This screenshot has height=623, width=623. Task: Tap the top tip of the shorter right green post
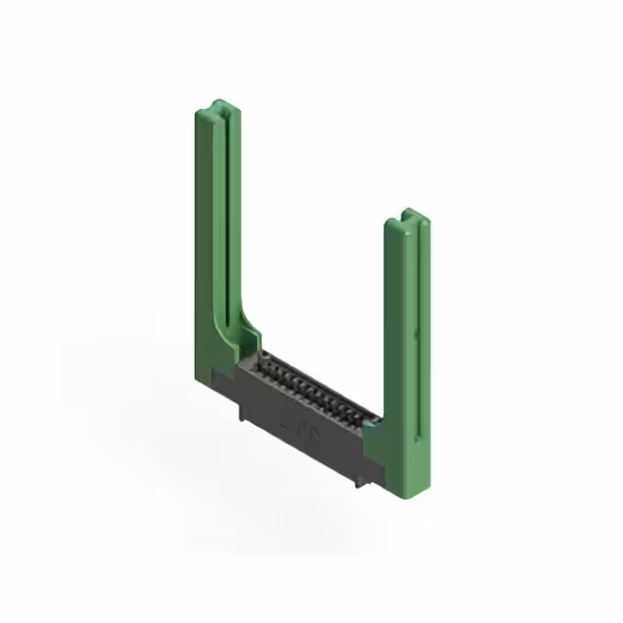click(x=409, y=213)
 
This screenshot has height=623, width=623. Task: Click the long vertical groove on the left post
click(x=221, y=224)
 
